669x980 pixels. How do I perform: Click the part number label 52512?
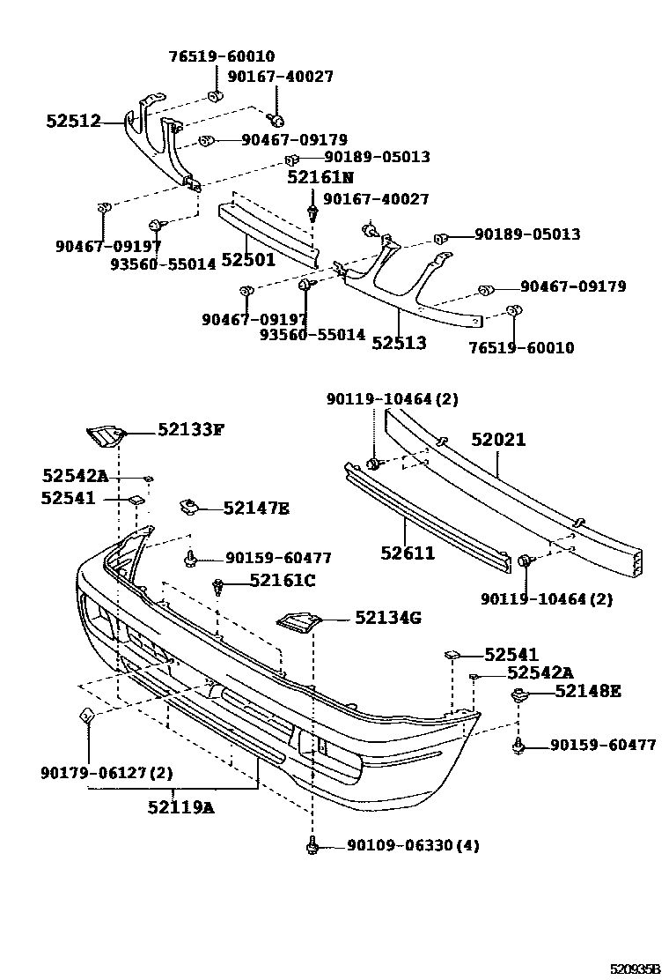73,122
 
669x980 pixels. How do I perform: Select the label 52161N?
320,178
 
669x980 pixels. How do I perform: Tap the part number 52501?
247,260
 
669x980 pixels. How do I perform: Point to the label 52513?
398,343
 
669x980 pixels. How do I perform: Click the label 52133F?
191,430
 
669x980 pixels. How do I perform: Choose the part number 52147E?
256,509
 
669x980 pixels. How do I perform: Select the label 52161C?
282,580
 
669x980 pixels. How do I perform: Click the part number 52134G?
388,618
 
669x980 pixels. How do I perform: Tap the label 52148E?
587,691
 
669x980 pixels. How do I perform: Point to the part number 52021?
497,439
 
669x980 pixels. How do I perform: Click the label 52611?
408,553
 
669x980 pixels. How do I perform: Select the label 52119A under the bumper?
180,806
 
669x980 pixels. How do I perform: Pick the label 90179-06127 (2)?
107,773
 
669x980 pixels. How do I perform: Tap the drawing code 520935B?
635,969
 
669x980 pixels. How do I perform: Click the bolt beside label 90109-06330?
312,845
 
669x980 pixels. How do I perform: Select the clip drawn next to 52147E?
187,506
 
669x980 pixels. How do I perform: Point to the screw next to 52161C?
218,584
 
